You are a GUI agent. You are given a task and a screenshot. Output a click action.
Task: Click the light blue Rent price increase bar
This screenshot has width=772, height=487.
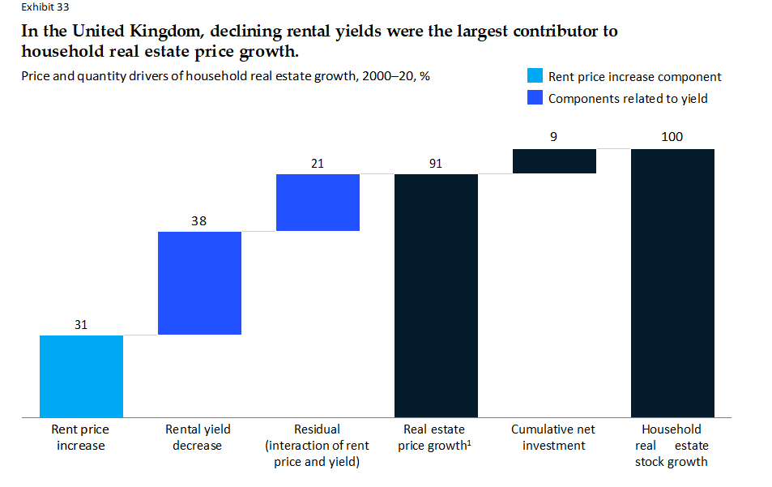tap(81, 376)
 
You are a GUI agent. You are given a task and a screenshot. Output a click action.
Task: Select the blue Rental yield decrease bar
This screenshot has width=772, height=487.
tap(199, 283)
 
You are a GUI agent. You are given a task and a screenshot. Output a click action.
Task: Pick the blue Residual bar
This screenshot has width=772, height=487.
tap(318, 203)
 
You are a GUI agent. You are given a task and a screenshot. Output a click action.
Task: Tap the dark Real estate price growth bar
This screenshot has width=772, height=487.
tap(436, 296)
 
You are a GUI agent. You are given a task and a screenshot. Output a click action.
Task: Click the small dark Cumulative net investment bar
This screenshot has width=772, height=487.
tap(554, 161)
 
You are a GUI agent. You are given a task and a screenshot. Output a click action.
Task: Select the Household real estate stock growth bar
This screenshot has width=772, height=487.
tap(672, 283)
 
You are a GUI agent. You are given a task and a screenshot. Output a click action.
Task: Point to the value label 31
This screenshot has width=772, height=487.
tap(81, 325)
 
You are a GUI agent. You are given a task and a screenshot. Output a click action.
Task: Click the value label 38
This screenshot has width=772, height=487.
tap(199, 220)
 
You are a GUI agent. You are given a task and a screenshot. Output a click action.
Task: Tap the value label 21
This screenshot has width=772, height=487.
tap(318, 164)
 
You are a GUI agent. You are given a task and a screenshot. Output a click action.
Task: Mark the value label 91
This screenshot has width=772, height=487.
tap(436, 164)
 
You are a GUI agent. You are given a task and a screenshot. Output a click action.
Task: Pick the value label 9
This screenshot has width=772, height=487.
tap(553, 137)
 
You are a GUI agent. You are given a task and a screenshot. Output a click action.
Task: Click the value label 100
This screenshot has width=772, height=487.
tap(672, 137)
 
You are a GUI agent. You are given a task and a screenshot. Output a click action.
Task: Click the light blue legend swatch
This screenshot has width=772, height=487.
tap(535, 76)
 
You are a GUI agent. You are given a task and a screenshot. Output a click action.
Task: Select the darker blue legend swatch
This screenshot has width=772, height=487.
tap(535, 98)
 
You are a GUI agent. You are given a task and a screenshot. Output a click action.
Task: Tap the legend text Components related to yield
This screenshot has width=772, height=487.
tap(628, 99)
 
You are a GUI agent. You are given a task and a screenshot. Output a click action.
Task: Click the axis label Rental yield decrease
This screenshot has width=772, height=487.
tap(198, 438)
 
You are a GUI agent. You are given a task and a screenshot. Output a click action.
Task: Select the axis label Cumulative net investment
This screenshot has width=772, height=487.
tap(554, 438)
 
